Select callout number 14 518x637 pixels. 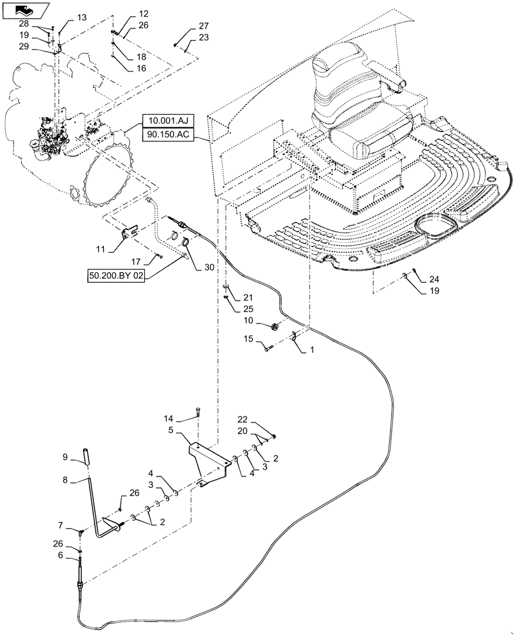[168, 419]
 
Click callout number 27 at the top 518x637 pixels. [204, 26]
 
